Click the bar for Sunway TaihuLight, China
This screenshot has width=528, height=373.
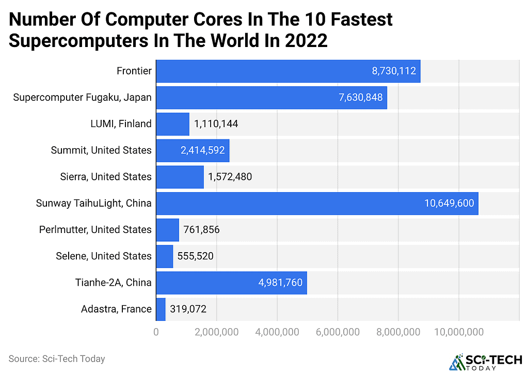click(317, 204)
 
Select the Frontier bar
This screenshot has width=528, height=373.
click(288, 71)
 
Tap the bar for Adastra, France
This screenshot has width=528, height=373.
click(161, 309)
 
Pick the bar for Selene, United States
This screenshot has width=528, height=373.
click(165, 256)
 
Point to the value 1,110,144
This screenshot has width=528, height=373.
click(216, 124)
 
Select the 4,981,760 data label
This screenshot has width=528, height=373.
click(280, 283)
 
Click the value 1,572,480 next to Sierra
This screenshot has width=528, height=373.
click(230, 177)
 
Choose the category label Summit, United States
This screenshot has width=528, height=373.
click(101, 150)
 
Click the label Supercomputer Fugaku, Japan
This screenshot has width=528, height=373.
click(83, 98)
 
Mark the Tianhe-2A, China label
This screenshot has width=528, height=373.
click(113, 283)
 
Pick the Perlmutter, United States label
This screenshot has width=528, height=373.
click(95, 230)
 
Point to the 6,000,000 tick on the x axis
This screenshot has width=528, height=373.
click(338, 332)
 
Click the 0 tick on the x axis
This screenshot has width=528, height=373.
click(156, 332)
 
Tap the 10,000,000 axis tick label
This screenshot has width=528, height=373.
click(458, 332)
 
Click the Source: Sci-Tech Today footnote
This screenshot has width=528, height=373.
click(56, 359)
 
